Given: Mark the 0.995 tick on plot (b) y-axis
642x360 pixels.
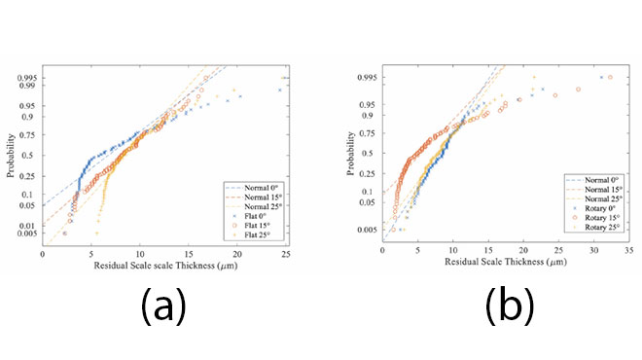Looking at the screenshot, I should pyautogui.click(x=365, y=77).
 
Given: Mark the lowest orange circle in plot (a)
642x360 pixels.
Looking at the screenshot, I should pyautogui.click(x=65, y=234).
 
